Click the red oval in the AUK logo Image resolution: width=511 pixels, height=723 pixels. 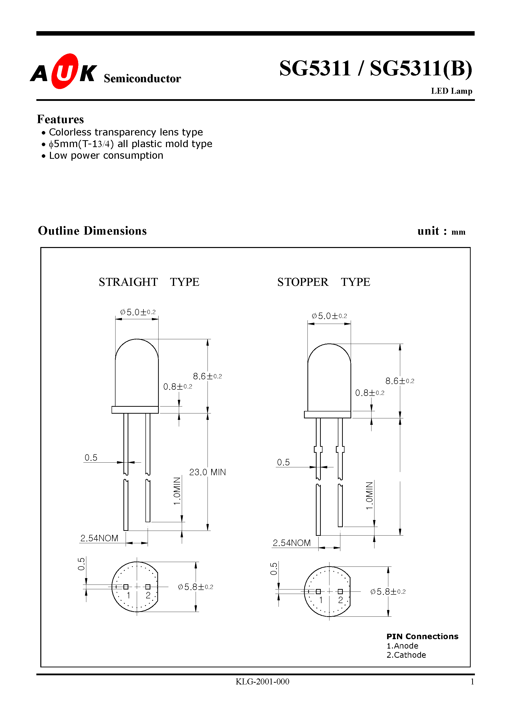64,71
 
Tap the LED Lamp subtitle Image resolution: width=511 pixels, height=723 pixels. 451,91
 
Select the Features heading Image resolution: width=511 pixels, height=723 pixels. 60,119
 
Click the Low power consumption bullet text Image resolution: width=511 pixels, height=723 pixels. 106,156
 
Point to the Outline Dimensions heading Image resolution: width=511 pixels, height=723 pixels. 92,231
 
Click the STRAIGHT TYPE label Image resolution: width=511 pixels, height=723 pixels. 149,282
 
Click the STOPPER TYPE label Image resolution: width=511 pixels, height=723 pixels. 323,282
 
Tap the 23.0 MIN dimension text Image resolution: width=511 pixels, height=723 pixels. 207,472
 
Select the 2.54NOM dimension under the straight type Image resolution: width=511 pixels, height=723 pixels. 99,538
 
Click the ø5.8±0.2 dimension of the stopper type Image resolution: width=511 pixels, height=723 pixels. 388,592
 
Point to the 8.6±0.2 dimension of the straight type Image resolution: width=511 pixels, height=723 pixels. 207,376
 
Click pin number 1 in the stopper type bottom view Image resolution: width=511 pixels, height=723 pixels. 321,600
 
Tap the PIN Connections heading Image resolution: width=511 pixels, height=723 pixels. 422,636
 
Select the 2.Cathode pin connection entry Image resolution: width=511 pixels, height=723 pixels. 406,655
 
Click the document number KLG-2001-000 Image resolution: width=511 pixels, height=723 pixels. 262,682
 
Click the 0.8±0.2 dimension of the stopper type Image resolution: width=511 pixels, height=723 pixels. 369,393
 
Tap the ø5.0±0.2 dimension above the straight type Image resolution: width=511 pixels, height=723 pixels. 138,312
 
